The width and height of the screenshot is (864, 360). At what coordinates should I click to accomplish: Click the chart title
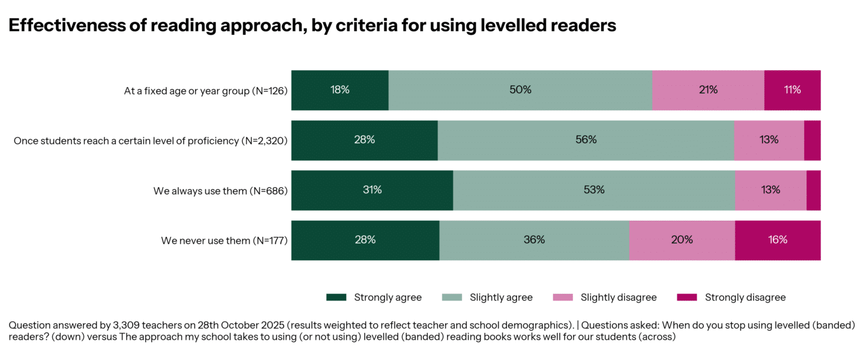312,26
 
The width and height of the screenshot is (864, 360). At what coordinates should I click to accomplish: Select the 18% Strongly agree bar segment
340,90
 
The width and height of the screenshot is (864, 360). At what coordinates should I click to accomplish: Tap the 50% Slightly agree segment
520,90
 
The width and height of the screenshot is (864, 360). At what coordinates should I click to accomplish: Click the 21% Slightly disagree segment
708,90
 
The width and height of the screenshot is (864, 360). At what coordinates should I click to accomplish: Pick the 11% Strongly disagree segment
792,90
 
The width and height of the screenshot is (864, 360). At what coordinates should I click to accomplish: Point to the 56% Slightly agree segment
586,140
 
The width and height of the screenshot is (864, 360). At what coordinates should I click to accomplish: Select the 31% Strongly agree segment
372,190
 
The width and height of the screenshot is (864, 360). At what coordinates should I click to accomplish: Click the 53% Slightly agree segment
594,190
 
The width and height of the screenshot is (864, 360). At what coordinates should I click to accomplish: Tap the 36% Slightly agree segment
534,240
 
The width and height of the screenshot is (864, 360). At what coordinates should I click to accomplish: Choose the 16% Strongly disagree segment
778,240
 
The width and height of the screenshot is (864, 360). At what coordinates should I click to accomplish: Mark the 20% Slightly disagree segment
682,240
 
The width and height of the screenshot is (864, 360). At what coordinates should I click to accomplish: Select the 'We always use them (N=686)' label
220,191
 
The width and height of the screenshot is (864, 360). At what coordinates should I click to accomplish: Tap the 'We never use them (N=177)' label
224,241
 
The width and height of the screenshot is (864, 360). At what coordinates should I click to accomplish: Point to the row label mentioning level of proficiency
151,141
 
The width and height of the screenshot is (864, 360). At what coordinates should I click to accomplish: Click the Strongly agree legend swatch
337,298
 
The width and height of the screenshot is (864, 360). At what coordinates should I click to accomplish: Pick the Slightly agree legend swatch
452,298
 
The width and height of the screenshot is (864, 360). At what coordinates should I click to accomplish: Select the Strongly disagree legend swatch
687,298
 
